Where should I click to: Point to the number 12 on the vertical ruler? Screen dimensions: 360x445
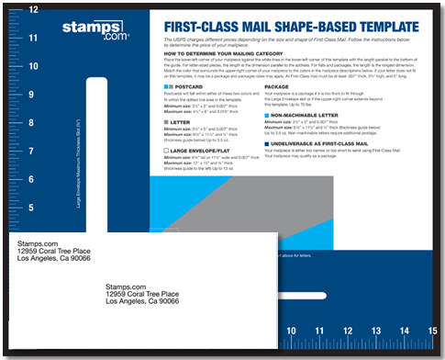[x=34, y=10]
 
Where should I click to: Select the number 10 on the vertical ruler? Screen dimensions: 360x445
[x=34, y=66]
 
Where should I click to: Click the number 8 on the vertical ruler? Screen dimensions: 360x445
[x=34, y=122]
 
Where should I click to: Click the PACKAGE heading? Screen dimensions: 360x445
[x=281, y=87]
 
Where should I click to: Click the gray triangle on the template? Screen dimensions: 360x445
[x=229, y=197]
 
